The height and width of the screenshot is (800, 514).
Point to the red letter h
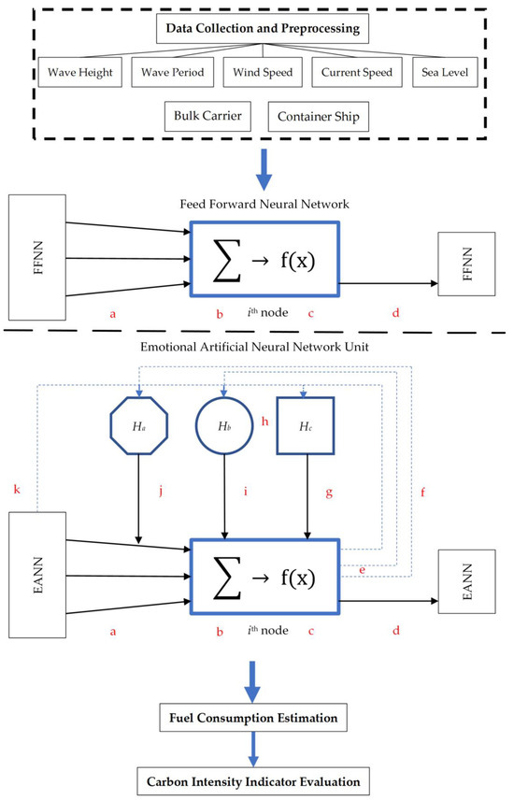[264, 421]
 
